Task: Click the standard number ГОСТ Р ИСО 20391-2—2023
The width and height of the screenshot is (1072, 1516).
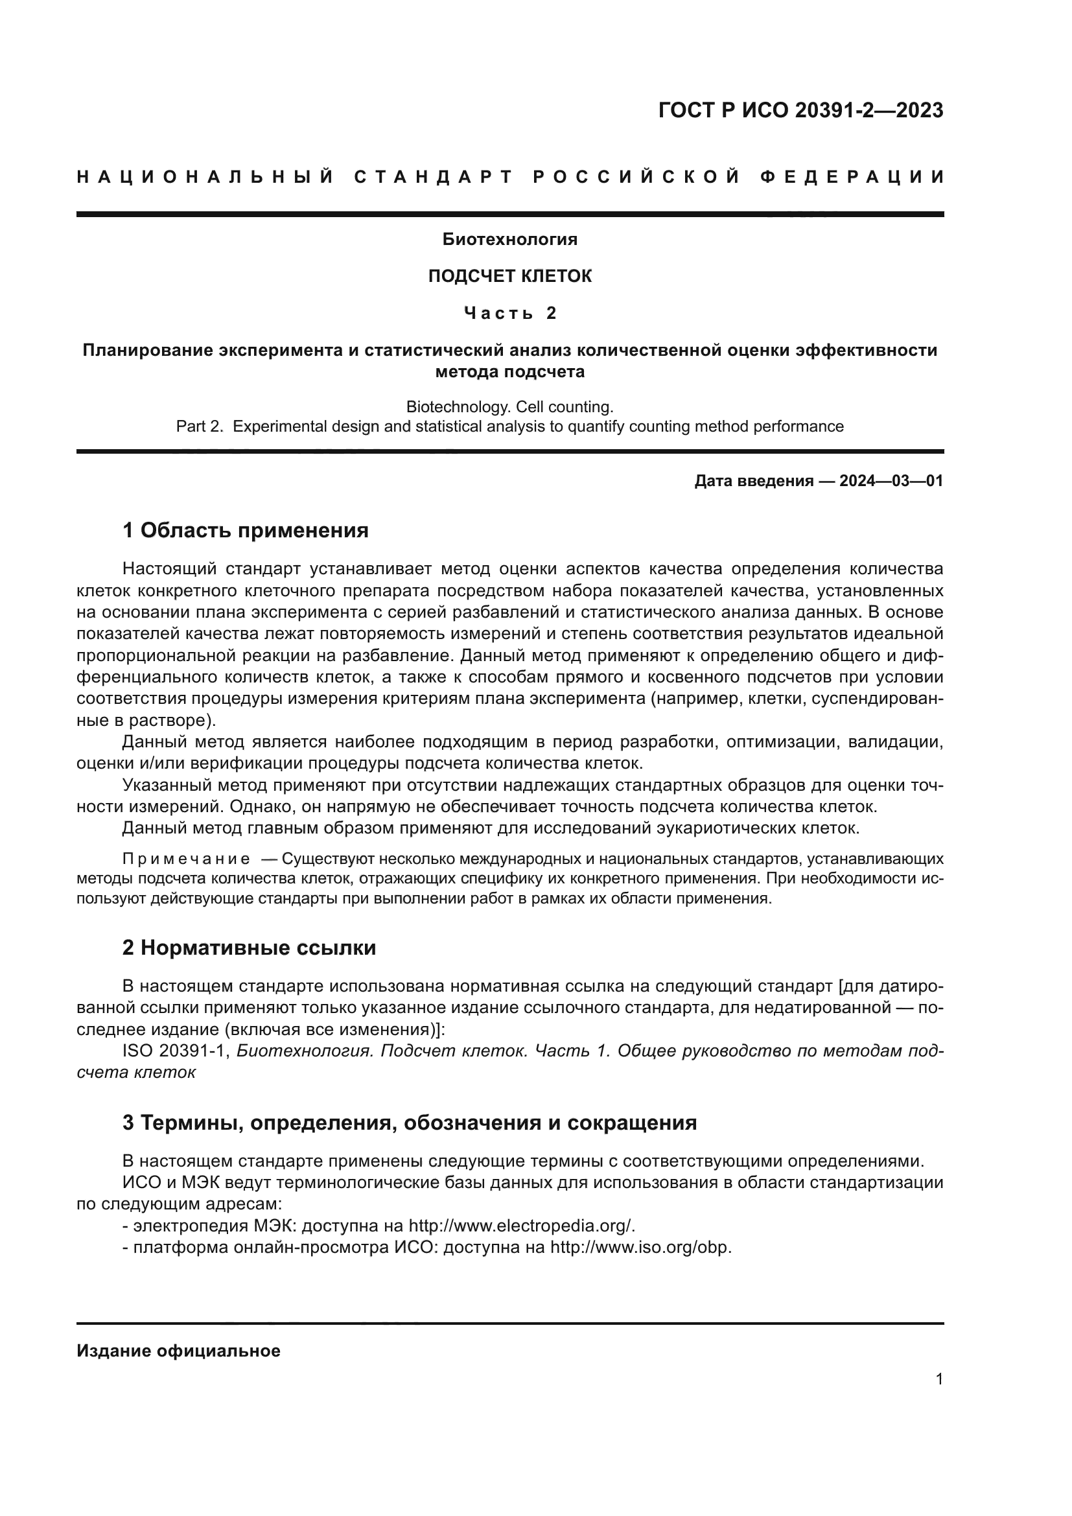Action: (800, 110)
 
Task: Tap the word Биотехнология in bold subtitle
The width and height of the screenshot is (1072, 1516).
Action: (509, 240)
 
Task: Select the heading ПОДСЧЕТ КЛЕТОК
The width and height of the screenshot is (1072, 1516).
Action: (509, 276)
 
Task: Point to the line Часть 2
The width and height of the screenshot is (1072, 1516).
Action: (509, 313)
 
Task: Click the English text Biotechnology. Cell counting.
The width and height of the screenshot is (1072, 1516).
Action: (509, 407)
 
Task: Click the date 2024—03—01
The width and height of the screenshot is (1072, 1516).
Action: (891, 481)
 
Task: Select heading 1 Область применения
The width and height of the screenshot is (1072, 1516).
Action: (245, 530)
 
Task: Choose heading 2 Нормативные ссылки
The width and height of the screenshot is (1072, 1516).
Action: (249, 948)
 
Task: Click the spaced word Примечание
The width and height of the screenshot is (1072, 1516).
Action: (186, 859)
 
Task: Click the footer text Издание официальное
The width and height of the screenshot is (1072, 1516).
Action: (178, 1351)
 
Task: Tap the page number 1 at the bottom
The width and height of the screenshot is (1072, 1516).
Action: (938, 1379)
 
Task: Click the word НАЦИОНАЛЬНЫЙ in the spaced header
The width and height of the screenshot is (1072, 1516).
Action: (205, 177)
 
